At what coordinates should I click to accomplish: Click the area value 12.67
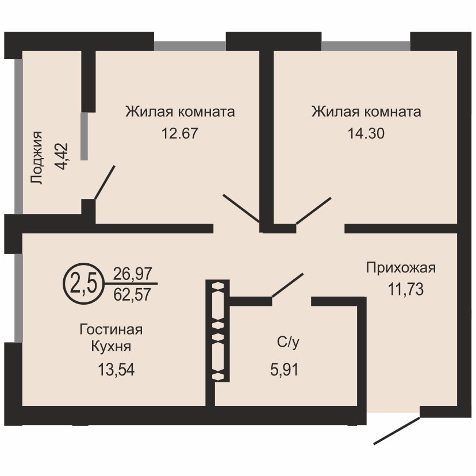[x=180, y=133]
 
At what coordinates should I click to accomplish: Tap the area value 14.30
[x=366, y=133]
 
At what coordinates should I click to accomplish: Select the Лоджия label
[x=37, y=158]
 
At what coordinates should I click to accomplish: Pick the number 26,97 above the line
[x=132, y=274]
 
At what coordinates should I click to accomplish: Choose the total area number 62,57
[x=132, y=294]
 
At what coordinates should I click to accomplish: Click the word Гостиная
[x=111, y=329]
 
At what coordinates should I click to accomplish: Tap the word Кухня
[x=111, y=347]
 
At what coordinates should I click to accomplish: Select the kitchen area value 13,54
[x=116, y=370]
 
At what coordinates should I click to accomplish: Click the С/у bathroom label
[x=288, y=343]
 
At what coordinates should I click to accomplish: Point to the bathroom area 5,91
[x=285, y=370]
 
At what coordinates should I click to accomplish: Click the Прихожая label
[x=401, y=268]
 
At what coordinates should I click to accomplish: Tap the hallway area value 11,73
[x=405, y=289]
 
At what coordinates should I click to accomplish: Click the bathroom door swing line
[x=287, y=285]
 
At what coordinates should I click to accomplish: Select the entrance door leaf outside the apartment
[x=397, y=431]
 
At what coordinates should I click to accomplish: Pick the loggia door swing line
[x=105, y=182]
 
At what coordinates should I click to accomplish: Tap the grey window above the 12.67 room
[x=190, y=45]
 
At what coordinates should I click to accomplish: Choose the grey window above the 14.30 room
[x=366, y=45]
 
